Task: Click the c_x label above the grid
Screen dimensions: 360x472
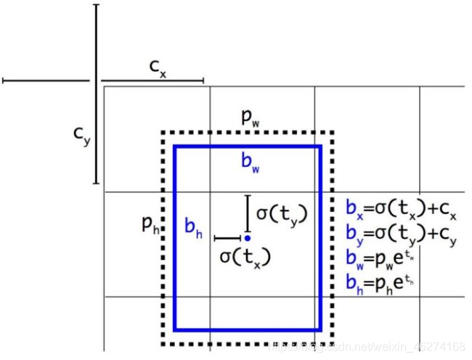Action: click(x=158, y=67)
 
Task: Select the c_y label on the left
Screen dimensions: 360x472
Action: click(x=83, y=136)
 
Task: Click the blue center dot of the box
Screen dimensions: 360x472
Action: click(x=248, y=237)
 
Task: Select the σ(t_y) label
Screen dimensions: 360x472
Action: click(x=282, y=213)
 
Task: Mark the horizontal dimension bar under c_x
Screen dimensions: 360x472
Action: click(x=152, y=81)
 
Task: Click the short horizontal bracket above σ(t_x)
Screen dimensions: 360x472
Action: click(x=227, y=237)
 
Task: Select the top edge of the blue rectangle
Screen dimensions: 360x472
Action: click(x=247, y=147)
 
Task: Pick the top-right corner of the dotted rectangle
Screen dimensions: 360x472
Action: click(x=332, y=133)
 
